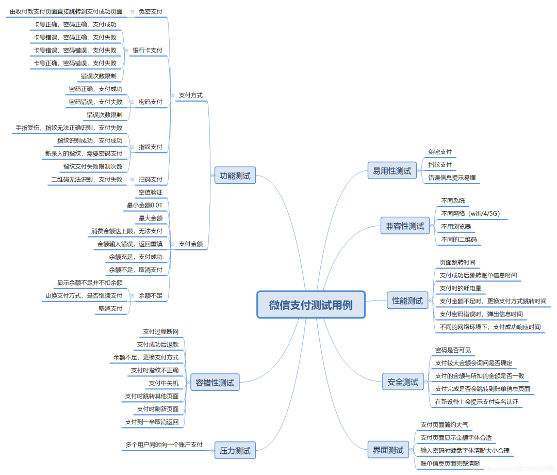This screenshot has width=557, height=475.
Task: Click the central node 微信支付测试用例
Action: (311, 305)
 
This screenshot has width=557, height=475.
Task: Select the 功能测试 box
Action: (235, 176)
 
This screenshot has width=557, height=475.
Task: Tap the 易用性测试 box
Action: (392, 170)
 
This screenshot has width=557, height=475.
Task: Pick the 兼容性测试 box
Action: (405, 226)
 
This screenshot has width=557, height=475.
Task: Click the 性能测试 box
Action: (407, 300)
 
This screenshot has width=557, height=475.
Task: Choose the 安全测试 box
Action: (403, 382)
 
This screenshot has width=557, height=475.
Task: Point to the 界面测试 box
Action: (388, 450)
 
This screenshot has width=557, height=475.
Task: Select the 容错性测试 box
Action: (215, 383)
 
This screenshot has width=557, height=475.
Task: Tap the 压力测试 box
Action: (235, 451)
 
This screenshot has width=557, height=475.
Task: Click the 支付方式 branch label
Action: (190, 96)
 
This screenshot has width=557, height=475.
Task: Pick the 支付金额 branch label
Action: (190, 244)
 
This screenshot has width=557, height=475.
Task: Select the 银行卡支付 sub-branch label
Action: (148, 51)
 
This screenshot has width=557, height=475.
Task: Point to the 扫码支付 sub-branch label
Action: (151, 180)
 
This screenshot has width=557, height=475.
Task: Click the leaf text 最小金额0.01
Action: (144, 205)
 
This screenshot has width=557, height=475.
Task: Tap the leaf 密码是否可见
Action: (453, 350)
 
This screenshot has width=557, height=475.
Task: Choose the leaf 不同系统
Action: (453, 200)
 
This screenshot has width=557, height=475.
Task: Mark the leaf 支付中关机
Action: (163, 383)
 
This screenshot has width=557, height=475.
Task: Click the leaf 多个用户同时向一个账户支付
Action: (163, 445)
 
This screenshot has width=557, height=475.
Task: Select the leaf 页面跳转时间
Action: (457, 262)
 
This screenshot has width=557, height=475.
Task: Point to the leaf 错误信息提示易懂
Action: (452, 178)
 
